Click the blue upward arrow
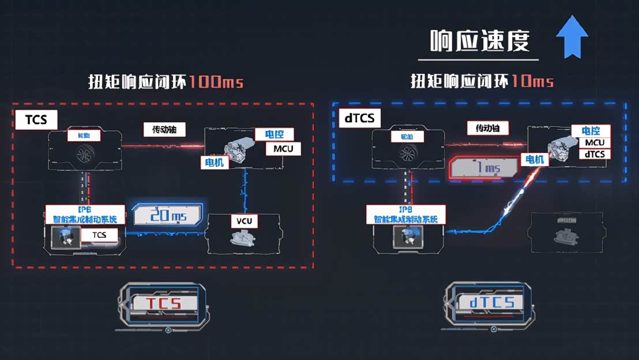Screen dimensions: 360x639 tap(572, 37)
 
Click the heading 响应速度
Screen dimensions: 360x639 tap(480, 41)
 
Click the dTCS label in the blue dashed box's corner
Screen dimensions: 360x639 tap(359, 118)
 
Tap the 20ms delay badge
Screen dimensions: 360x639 tap(167, 215)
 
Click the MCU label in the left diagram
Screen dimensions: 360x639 tap(283, 149)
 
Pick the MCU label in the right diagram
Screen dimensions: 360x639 tap(594, 142)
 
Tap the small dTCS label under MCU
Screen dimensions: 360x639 tap(595, 154)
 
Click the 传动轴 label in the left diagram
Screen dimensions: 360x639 tap(165, 130)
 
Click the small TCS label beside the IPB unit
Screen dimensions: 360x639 tap(99, 234)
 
